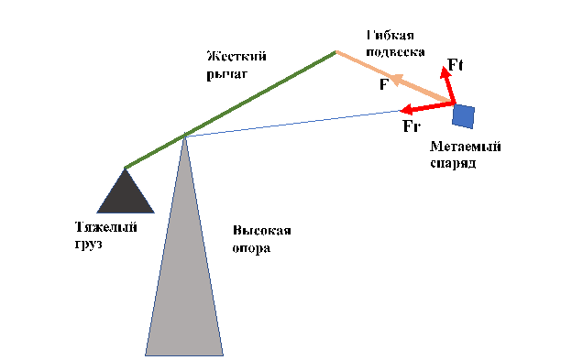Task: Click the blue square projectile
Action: (x=463, y=116)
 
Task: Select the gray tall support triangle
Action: (x=184, y=275)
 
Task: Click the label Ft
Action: (x=456, y=66)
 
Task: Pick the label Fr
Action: (x=412, y=126)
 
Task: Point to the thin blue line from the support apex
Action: (x=293, y=123)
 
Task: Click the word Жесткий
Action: (x=228, y=56)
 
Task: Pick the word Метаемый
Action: (x=465, y=147)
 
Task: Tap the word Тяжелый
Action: (x=106, y=227)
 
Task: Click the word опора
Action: (x=251, y=248)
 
